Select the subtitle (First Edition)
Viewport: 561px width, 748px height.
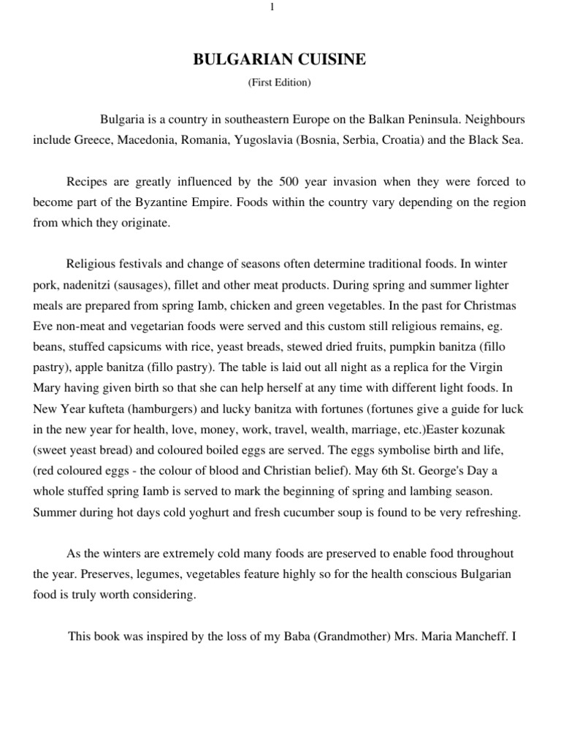coord(280,83)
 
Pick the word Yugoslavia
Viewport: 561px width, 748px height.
coord(263,140)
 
